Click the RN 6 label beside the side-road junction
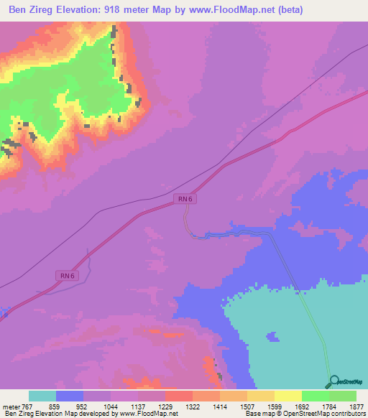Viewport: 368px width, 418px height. pos(185,199)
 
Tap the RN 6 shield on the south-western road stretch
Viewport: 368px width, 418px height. pos(66,275)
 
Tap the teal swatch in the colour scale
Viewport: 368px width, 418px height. pos(42,396)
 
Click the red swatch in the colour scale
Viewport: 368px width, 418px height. pos(179,396)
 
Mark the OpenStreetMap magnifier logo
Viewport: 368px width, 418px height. pos(333,381)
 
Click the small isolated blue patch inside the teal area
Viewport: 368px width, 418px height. pos(272,337)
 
